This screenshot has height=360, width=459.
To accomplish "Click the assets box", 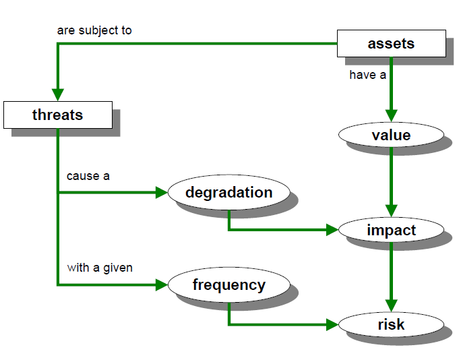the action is tap(392, 43).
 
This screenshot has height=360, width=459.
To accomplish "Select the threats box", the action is tap(58, 115).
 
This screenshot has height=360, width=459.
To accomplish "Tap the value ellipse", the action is tap(391, 135).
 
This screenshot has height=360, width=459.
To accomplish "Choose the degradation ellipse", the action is tap(229, 192).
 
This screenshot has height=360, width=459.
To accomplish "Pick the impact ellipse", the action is tap(391, 230).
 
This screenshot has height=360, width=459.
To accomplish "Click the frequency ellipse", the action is tap(229, 284).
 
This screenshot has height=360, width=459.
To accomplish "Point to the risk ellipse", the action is tap(391, 324).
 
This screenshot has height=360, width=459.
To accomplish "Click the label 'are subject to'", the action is tap(94, 30).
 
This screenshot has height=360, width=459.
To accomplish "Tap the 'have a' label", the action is tap(367, 75).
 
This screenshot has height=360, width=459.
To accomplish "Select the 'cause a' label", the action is tap(88, 176).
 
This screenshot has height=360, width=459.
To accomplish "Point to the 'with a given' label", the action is tap(100, 268).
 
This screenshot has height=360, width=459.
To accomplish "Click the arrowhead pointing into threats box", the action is tap(58, 95).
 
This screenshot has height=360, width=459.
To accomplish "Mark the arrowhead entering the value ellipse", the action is tap(392, 116).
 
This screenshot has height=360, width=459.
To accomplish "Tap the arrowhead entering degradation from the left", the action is tap(162, 192).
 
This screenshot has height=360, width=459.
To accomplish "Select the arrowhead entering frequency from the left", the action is tap(162, 284).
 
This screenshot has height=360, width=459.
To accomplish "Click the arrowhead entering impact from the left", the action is tap(332, 230).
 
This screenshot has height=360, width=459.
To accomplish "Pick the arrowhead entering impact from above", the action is tap(392, 211).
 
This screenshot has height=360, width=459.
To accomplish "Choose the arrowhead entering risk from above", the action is tap(392, 306).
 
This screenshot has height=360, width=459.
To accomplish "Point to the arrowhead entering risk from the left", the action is tap(332, 324).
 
